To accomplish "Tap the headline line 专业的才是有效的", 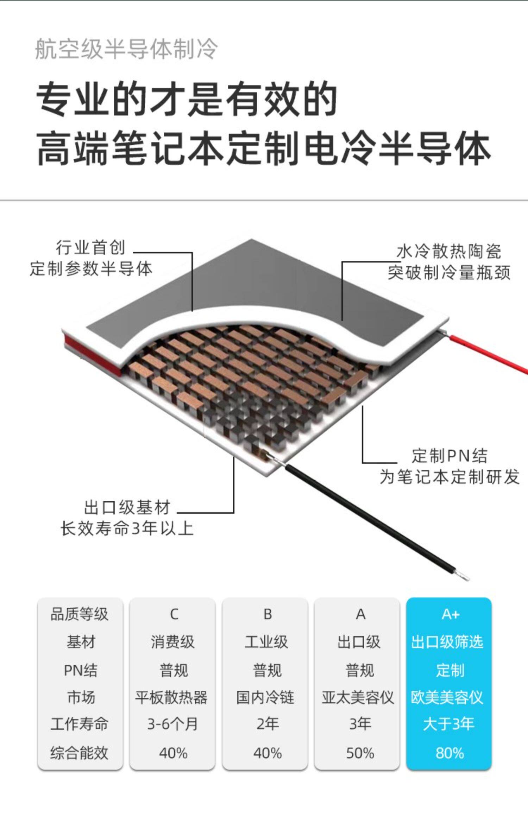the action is pos(187,99).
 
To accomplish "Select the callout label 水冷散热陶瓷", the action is pos(448,252).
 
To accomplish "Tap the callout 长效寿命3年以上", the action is pos(127,529).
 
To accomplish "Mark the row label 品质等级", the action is pos(80,615).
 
